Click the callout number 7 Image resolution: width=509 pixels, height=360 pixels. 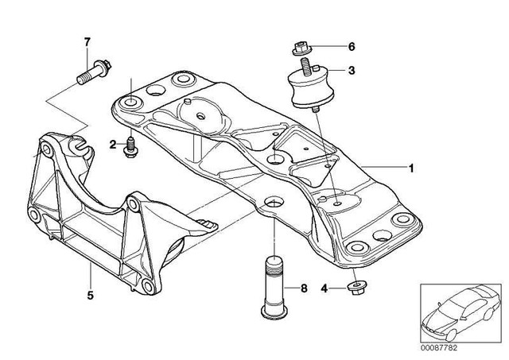click(88, 41)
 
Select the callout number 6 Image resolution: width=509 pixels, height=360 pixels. click(351, 47)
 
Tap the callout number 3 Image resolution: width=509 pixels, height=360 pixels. click(351, 71)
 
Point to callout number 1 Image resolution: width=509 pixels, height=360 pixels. click(410, 168)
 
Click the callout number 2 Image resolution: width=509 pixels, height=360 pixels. click(113, 144)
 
